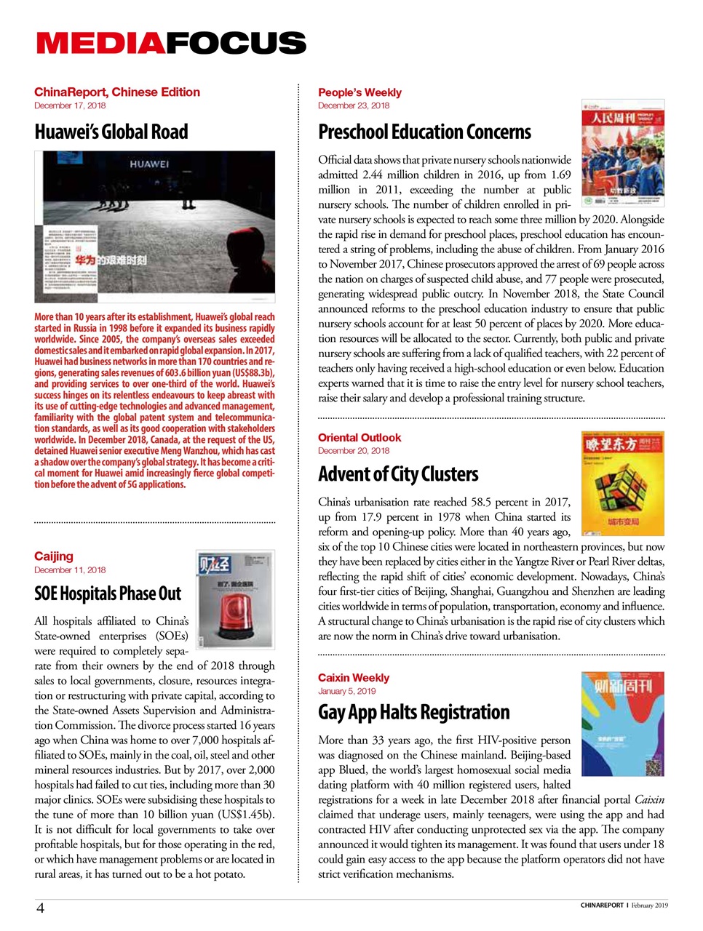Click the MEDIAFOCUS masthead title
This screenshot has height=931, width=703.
pyautogui.click(x=171, y=44)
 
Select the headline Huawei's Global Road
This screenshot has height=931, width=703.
pyautogui.click(x=111, y=132)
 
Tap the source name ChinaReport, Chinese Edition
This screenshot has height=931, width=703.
pyautogui.click(x=116, y=92)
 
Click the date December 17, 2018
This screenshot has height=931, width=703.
pyautogui.click(x=70, y=105)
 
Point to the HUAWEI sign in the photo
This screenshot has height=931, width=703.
pyautogui.click(x=149, y=164)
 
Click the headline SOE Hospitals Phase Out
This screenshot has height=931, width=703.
pyautogui.click(x=108, y=594)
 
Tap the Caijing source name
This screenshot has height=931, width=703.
pyautogui.click(x=54, y=556)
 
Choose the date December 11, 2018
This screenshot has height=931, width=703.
pyautogui.click(x=70, y=570)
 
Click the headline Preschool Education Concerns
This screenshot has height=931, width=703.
pyautogui.click(x=424, y=132)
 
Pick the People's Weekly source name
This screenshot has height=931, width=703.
pyautogui.click(x=360, y=92)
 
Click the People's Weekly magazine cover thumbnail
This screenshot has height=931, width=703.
pyautogui.click(x=622, y=153)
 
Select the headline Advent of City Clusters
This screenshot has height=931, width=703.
pyautogui.click(x=398, y=475)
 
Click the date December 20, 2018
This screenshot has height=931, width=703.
pyautogui.click(x=354, y=451)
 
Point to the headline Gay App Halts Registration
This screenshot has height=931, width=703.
pyautogui.click(x=413, y=712)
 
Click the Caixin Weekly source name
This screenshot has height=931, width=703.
pyautogui.click(x=354, y=678)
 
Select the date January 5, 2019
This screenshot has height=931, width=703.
pyautogui.click(x=346, y=692)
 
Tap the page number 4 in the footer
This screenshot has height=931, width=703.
pyautogui.click(x=40, y=908)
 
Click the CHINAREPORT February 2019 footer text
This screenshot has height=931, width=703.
pyautogui.click(x=624, y=906)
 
